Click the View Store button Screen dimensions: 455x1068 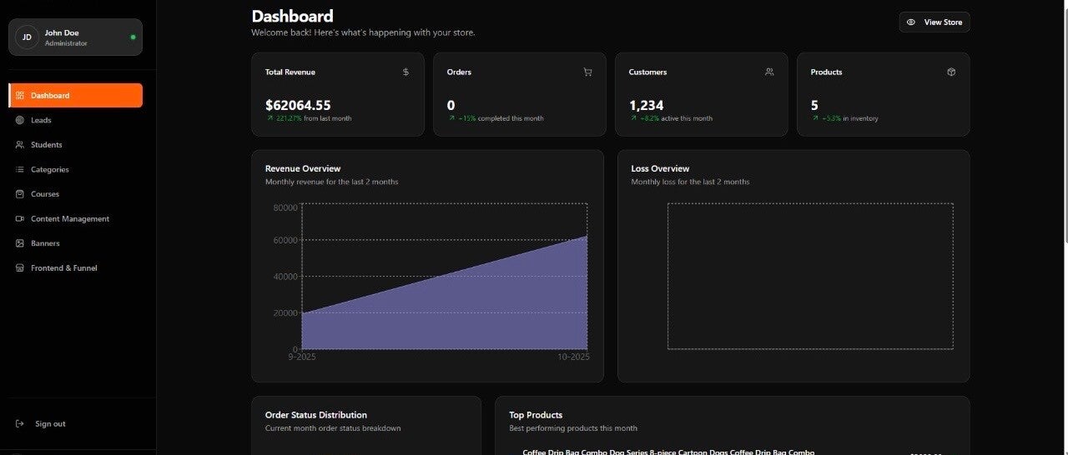[x=934, y=22]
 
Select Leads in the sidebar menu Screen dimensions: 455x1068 [x=41, y=120]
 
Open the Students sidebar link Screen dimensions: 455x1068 [x=46, y=145]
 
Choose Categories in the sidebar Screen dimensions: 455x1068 [x=49, y=169]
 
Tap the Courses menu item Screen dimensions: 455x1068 [x=44, y=194]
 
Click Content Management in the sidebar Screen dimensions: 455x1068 [x=69, y=218]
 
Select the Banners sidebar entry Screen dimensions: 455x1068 [x=45, y=243]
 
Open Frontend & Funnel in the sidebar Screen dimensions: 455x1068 [x=63, y=268]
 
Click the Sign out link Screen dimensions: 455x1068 [x=49, y=424]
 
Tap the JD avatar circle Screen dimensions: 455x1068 [x=27, y=37]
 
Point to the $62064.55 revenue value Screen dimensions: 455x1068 [x=298, y=105]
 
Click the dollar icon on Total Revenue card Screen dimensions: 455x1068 [x=406, y=72]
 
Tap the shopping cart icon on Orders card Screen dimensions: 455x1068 [x=587, y=72]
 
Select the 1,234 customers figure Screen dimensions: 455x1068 [x=646, y=105]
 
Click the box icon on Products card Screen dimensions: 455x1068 [x=951, y=72]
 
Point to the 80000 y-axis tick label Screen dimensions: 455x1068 [x=285, y=207]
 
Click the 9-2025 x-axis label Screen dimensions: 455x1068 [x=302, y=357]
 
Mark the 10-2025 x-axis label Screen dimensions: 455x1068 [x=573, y=357]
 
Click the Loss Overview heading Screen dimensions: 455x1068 [x=660, y=168]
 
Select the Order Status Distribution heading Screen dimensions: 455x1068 [x=315, y=415]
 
